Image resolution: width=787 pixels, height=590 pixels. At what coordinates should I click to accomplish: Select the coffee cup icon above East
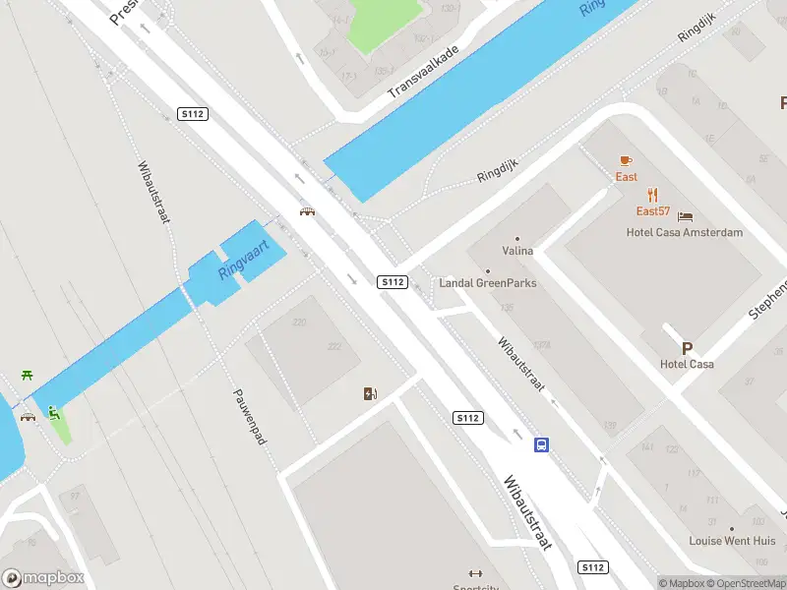(626, 160)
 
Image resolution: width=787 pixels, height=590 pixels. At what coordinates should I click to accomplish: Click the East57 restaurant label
(652, 211)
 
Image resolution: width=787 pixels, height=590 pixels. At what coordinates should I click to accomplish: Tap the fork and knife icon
(652, 195)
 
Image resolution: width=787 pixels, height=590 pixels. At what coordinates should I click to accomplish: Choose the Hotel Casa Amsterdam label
(685, 232)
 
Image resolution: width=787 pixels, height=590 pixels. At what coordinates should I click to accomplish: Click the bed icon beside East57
(686, 215)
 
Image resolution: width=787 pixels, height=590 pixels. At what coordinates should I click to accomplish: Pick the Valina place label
(517, 251)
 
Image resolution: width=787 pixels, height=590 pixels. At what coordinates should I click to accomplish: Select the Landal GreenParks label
(488, 282)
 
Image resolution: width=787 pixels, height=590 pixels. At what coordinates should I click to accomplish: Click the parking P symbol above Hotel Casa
(687, 348)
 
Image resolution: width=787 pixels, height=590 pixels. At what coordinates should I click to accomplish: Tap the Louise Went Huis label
(732, 541)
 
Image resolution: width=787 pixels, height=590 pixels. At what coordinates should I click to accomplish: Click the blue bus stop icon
(541, 444)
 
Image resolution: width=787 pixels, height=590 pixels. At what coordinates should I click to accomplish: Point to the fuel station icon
(370, 394)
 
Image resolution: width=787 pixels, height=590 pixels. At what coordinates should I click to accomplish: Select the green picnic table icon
(27, 377)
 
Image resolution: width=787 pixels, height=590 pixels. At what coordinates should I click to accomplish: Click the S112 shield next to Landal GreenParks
(393, 282)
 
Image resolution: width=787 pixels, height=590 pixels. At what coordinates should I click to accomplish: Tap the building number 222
(334, 346)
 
